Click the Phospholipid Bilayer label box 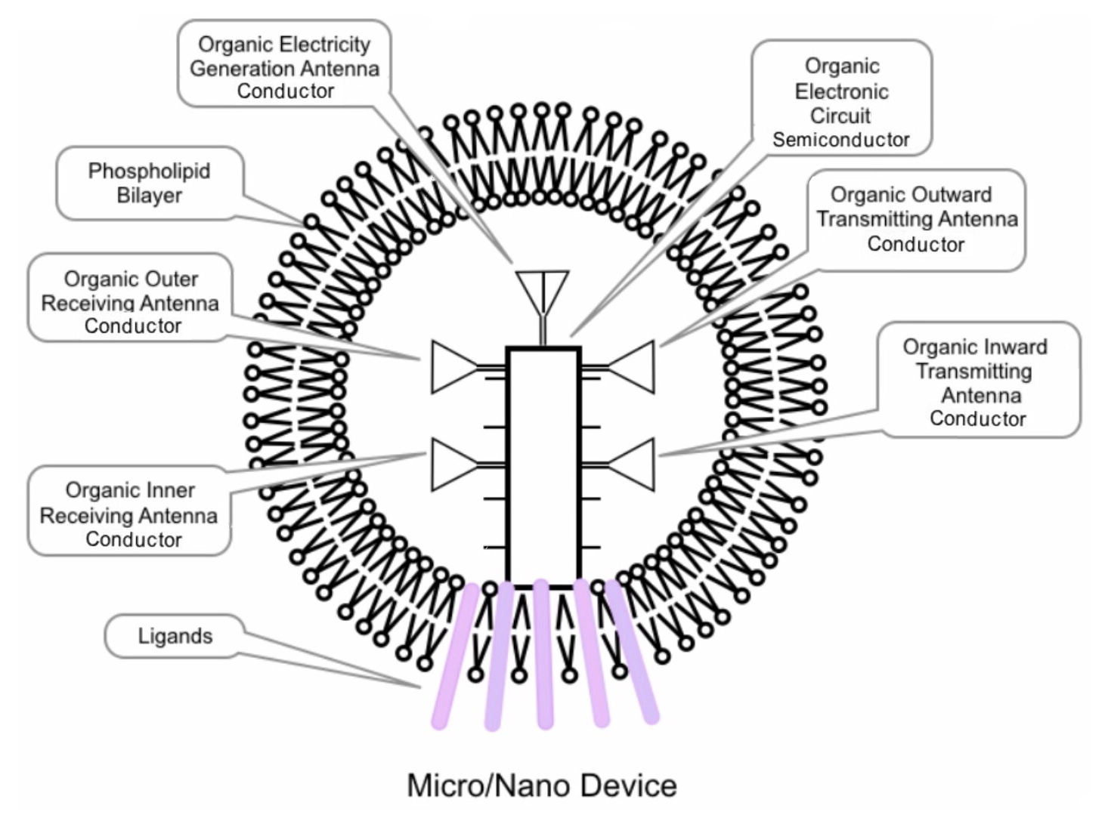(150, 184)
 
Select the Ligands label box (175, 636)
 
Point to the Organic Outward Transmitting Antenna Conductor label (916, 219)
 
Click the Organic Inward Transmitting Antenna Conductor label (977, 381)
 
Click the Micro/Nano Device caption (541, 786)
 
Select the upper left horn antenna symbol (453, 367)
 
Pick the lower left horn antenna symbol (453, 464)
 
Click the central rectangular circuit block (543, 467)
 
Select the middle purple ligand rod (543, 654)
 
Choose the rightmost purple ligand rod (633, 653)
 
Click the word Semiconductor (841, 140)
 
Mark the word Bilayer (150, 196)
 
